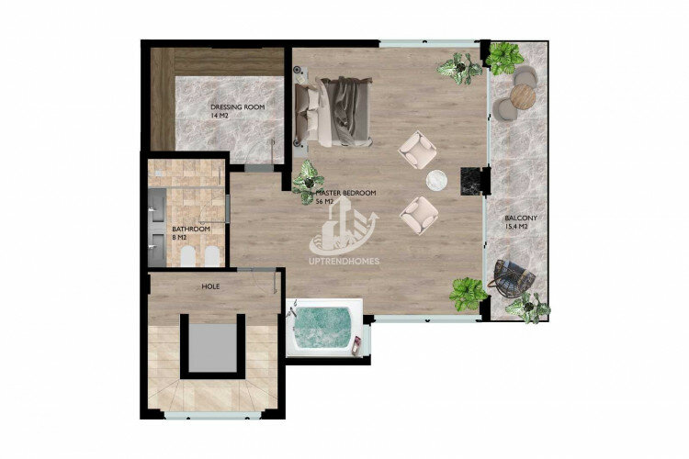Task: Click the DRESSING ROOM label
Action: click(237, 107)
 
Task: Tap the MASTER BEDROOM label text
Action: click(345, 193)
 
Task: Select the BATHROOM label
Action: click(191, 229)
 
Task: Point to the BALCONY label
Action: click(521, 218)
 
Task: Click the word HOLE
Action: click(210, 286)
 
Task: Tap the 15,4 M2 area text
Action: click(516, 227)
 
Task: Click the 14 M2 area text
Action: click(220, 116)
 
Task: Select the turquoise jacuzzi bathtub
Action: click(324, 328)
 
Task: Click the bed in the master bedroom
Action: click(334, 111)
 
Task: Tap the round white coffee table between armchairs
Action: click(436, 180)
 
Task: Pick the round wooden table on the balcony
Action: click(524, 95)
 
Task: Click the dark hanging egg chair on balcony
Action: click(514, 274)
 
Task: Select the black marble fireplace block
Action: click(470, 181)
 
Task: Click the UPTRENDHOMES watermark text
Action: click(344, 262)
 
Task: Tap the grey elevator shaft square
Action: click(213, 347)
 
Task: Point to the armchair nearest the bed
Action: click(417, 151)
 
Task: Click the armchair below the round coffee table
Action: click(419, 215)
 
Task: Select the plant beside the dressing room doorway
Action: click(308, 182)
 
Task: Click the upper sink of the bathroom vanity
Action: click(157, 205)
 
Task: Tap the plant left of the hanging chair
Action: click(469, 294)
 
